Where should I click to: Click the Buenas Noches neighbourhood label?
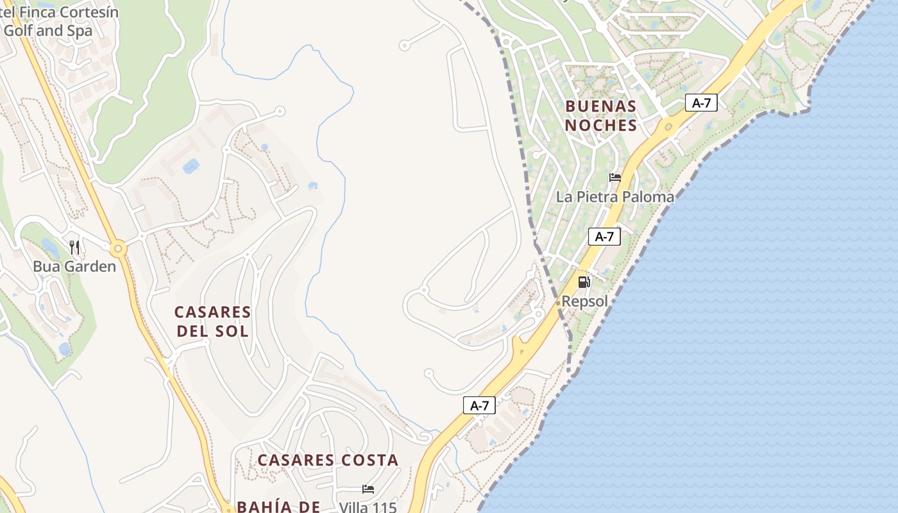(601, 115)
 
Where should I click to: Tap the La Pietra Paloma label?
(615, 197)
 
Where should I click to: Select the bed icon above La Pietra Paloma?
(615, 178)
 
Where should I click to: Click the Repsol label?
(584, 301)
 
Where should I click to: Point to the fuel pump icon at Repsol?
(584, 282)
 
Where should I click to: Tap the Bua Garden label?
(74, 266)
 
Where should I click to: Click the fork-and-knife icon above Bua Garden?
(74, 248)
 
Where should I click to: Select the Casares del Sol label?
(212, 321)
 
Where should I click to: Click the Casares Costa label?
(328, 460)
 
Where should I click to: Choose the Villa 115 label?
(368, 507)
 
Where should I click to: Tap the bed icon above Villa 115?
(368, 489)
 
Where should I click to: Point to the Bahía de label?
(278, 506)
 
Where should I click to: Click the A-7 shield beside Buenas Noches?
(700, 103)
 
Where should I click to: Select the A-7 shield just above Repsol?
(604, 237)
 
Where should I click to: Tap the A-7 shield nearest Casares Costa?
(479, 405)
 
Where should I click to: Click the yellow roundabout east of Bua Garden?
(117, 248)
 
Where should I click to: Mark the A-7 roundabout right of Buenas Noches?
(668, 127)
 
